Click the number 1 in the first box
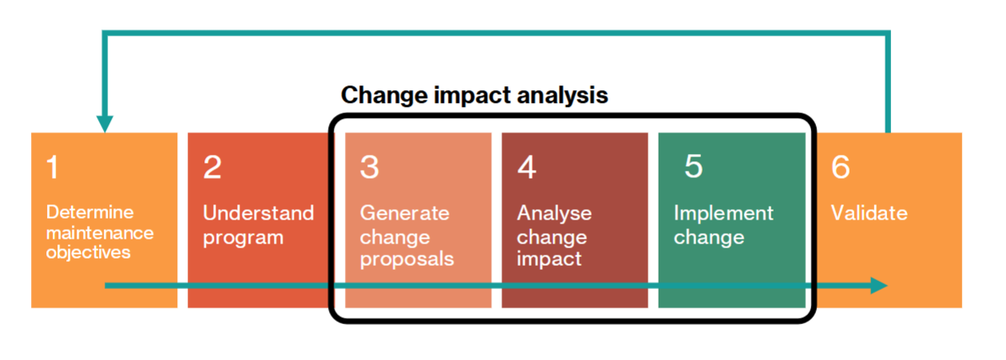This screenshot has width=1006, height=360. pos(53,167)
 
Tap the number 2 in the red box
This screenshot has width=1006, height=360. pos(212,167)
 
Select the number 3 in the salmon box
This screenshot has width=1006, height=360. pos(370,167)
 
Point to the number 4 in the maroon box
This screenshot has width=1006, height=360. pos(527,167)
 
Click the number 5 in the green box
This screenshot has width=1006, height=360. pos(694,166)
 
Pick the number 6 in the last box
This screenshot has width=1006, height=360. pos(841,167)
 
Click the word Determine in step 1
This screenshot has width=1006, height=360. pos(89,212)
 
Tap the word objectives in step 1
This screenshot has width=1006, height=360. pos(88,252)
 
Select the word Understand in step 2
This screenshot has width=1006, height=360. pos(258,213)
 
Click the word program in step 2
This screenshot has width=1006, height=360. pos(243,238)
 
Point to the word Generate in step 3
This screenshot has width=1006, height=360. pos(405,213)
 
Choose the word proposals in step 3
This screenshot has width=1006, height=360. pos(407,259)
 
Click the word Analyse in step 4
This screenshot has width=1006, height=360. pos(554,213)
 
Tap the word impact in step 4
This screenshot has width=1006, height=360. pos(549,259)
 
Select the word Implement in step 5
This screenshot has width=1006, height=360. pos(723,213)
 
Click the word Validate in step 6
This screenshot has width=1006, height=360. pos(869,213)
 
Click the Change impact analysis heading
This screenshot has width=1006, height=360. pos(474,95)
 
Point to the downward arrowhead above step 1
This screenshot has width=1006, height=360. pos(105,124)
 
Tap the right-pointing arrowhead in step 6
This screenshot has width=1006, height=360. pos(879,286)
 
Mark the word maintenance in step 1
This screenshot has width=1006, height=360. pos(100,233)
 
